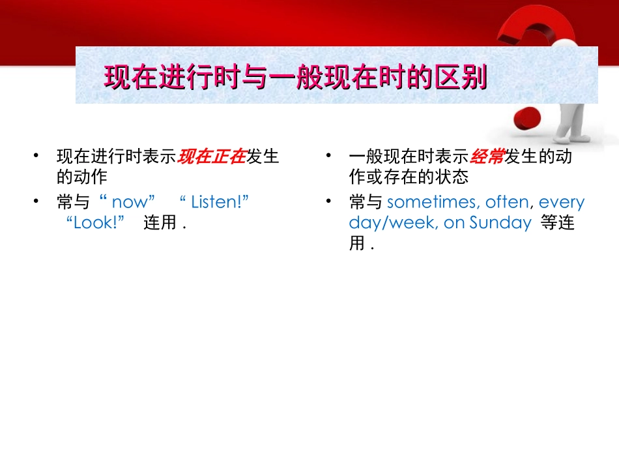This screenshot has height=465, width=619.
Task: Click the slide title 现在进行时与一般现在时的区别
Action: pyautogui.click(x=296, y=79)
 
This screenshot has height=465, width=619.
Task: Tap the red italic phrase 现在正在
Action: pyautogui.click(x=212, y=157)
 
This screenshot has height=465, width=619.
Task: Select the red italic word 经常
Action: pyautogui.click(x=487, y=157)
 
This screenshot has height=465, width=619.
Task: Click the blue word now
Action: pyautogui.click(x=130, y=202)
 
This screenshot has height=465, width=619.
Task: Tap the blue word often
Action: pyautogui.click(x=506, y=202)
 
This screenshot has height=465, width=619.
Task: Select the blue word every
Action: pyautogui.click(x=562, y=202)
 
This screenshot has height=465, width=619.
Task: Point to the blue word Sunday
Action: pyautogui.click(x=500, y=222)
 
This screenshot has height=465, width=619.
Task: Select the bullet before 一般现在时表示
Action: pyautogui.click(x=330, y=157)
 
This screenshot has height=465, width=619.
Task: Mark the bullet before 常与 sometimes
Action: pyautogui.click(x=330, y=202)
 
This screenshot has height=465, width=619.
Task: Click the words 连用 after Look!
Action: pyautogui.click(x=160, y=222)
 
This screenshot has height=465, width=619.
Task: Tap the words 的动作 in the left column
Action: pyautogui.click(x=82, y=177)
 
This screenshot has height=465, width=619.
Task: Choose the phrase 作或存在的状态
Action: pyautogui.click(x=409, y=177)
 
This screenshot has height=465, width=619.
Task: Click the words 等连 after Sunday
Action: pyautogui.click(x=558, y=222)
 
